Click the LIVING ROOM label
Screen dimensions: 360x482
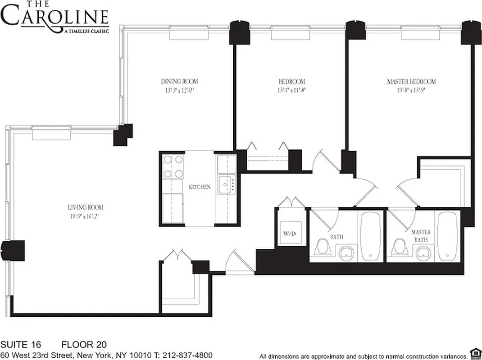85,207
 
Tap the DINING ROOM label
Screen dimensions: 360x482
179,81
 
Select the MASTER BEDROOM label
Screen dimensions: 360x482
411,81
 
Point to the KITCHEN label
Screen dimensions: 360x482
200,187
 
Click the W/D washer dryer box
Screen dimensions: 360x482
289,234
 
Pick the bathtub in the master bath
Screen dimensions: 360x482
447,236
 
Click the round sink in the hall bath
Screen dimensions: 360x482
346,253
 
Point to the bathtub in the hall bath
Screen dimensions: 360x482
371,236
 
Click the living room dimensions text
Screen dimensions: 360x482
85,216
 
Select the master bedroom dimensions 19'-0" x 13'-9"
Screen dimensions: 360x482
411,90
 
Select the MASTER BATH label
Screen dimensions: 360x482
421,236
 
